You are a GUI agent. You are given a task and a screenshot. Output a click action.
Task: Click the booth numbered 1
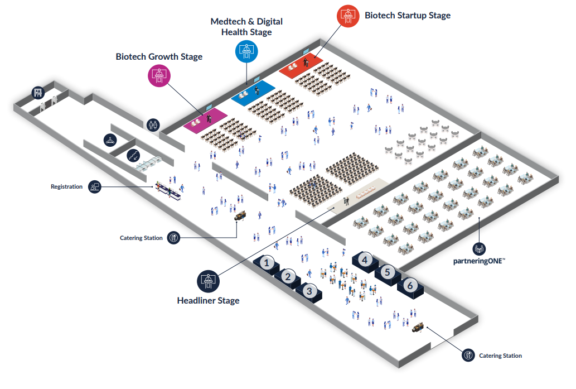267,263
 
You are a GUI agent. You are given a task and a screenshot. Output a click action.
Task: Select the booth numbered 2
288,276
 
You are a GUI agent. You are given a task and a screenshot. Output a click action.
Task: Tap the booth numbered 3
310,290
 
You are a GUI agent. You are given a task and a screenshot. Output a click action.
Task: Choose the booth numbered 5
388,272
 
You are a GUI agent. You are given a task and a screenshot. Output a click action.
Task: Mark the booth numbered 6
410,285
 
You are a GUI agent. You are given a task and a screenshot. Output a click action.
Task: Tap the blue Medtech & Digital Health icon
246,51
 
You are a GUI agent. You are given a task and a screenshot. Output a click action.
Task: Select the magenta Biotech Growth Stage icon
159,75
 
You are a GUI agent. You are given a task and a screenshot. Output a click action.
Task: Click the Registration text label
66,186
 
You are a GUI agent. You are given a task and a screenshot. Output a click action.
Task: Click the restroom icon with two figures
153,124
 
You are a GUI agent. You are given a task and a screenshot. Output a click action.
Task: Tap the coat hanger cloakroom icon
110,140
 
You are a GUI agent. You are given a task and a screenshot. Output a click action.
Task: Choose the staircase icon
133,155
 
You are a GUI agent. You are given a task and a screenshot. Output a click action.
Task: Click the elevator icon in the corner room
38,93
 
